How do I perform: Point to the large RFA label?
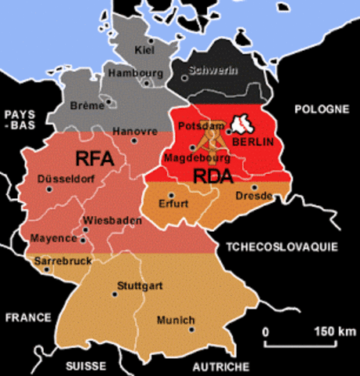(x=95, y=158)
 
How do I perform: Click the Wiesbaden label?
(x=112, y=220)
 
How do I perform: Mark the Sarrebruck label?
(x=60, y=259)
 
